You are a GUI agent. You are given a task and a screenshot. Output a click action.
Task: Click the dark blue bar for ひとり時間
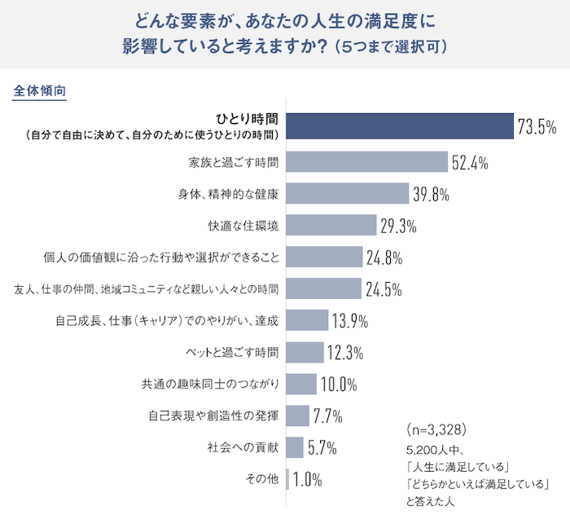[x=400, y=126]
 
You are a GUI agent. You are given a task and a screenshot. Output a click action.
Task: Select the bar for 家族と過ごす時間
[x=367, y=162]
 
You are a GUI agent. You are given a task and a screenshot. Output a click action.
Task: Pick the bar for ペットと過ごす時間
[x=305, y=352]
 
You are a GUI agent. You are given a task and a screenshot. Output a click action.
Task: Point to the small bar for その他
[x=287, y=479]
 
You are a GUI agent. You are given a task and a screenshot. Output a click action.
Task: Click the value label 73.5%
[x=537, y=127]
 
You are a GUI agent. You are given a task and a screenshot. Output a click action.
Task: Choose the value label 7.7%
[x=327, y=416]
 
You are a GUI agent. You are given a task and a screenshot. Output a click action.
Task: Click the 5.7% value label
[x=322, y=448]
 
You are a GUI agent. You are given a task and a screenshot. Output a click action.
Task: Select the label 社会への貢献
[x=244, y=447]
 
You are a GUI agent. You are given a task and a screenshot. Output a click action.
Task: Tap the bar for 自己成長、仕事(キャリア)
[x=308, y=320]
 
